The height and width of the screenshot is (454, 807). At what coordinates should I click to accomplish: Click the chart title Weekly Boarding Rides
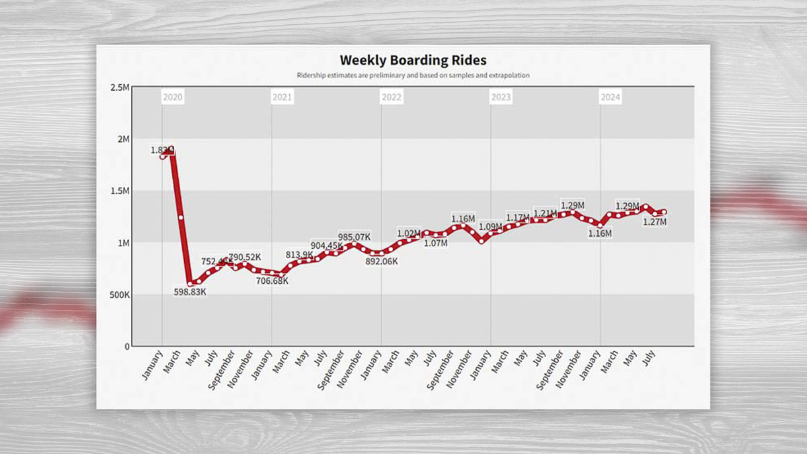413,61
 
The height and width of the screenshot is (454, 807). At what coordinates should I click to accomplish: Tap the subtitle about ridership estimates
413,75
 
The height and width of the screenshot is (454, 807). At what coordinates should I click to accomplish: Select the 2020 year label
173,98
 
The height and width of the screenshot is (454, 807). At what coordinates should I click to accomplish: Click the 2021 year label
282,98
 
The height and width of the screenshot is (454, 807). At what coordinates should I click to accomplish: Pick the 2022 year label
391,98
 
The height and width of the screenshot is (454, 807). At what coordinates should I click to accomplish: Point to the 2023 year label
500,98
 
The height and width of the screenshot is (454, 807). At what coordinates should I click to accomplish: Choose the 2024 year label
610,98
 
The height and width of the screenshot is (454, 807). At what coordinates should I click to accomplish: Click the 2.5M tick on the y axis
120,87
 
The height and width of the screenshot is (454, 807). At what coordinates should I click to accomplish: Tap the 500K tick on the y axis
119,295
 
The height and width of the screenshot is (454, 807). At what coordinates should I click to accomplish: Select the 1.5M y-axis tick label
120,191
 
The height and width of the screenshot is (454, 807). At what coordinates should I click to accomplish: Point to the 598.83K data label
190,292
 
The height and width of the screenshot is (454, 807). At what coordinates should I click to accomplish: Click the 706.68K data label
272,280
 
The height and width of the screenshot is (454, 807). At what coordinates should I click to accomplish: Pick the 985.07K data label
354,237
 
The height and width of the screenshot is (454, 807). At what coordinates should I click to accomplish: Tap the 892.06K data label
380,262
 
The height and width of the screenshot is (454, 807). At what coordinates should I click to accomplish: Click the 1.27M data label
654,221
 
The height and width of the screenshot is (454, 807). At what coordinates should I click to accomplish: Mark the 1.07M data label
435,243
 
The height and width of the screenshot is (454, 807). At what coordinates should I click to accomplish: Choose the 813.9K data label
299,254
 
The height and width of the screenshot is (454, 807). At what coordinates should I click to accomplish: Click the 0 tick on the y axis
126,346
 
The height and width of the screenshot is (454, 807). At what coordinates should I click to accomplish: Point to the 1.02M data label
410,233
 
